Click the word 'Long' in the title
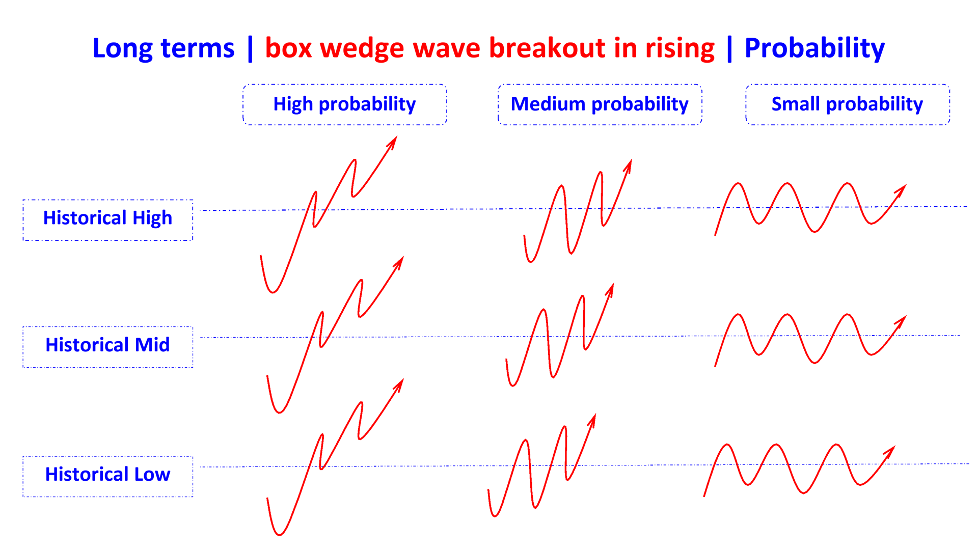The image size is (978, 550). pyautogui.click(x=122, y=48)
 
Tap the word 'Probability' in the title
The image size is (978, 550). pyautogui.click(x=814, y=48)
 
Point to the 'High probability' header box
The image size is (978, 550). pyautogui.click(x=345, y=104)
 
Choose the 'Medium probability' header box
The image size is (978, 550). pyautogui.click(x=600, y=104)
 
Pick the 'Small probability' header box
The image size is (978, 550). pyautogui.click(x=848, y=104)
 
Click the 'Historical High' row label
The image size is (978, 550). pyautogui.click(x=107, y=219)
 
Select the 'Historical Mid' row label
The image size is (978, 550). pyautogui.click(x=107, y=346)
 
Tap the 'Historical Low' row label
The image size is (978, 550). pyautogui.click(x=107, y=476)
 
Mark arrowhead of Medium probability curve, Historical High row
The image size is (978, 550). pyautogui.click(x=629, y=164)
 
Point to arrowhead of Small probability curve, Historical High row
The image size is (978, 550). pyautogui.click(x=902, y=188)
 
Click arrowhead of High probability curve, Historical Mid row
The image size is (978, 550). pyautogui.click(x=400, y=261)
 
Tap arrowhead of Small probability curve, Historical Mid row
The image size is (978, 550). pyautogui.click(x=902, y=320)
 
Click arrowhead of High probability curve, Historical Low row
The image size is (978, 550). pyautogui.click(x=400, y=383)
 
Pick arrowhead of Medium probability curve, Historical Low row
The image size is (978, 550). pyautogui.click(x=593, y=419)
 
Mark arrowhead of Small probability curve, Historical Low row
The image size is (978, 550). pyautogui.click(x=891, y=450)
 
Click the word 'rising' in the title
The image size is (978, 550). pyautogui.click(x=680, y=48)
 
